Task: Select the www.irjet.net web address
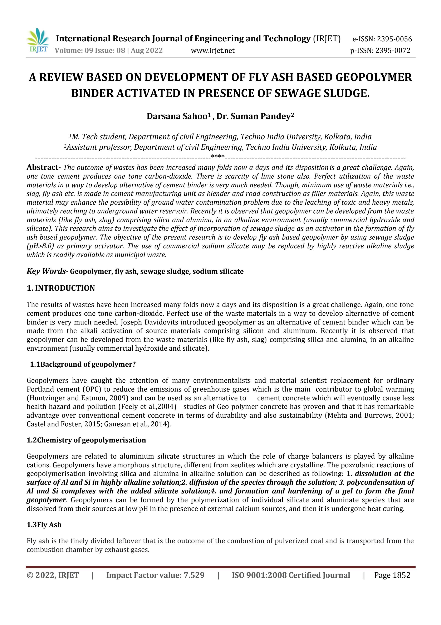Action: pos(213,51)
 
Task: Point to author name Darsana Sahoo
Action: pos(179,116)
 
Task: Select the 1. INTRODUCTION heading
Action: pos(61,288)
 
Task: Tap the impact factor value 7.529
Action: pos(194,575)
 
